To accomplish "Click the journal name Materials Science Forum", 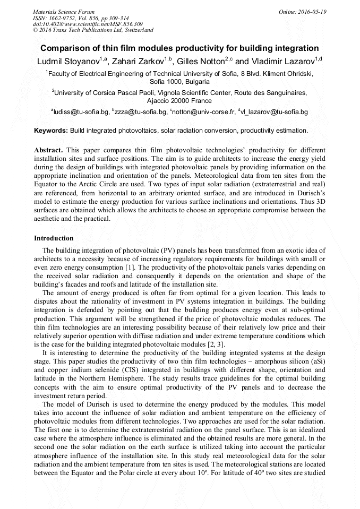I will tap(64, 11).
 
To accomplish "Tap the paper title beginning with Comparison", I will tap(179, 48).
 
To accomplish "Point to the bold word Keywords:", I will tap(51, 130).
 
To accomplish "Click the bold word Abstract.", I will tap(49, 150).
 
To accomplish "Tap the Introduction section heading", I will tap(54, 238).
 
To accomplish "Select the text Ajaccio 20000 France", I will tap(179, 101).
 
